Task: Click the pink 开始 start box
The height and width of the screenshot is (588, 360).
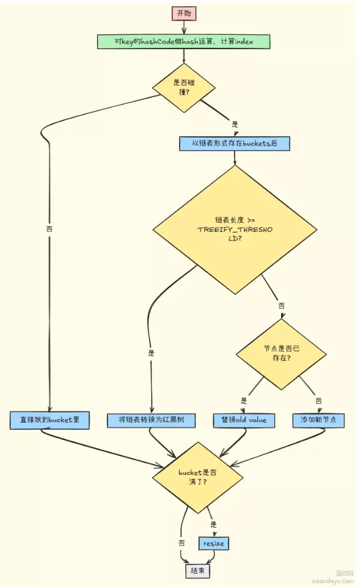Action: pyautogui.click(x=184, y=14)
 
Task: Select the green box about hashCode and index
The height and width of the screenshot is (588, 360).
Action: pyautogui.click(x=184, y=42)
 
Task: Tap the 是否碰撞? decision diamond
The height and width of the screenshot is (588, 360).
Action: pyautogui.click(x=184, y=88)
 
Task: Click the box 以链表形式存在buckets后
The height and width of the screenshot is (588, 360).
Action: pyautogui.click(x=234, y=143)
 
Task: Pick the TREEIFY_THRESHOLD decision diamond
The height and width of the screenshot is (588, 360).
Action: pyautogui.click(x=235, y=229)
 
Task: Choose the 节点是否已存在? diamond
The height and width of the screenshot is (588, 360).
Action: pyautogui.click(x=281, y=353)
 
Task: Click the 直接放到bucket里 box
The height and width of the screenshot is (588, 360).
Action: pyautogui.click(x=50, y=420)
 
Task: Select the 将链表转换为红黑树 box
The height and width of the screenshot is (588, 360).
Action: pyautogui.click(x=151, y=420)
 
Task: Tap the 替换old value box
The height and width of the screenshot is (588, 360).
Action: pyautogui.click(x=244, y=420)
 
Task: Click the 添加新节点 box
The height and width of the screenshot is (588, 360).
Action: pyautogui.click(x=318, y=420)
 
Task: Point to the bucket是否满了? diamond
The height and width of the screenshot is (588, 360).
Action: pyautogui.click(x=198, y=477)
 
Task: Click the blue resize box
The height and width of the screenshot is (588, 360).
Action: pyautogui.click(x=213, y=543)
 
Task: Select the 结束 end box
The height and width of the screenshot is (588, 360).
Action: pyautogui.click(x=197, y=571)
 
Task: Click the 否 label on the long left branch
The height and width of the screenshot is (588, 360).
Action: pyautogui.click(x=49, y=228)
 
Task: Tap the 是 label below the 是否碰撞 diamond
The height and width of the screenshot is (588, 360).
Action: pyautogui.click(x=235, y=124)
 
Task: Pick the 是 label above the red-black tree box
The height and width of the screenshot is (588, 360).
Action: pyautogui.click(x=151, y=353)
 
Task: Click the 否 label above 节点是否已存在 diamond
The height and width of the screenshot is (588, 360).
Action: pyautogui.click(x=281, y=306)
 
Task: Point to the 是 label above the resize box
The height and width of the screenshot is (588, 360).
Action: pyautogui.click(x=213, y=524)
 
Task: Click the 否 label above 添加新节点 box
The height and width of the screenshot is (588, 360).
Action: pyautogui.click(x=318, y=400)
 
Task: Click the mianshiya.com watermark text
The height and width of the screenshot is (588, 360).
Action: pyautogui.click(x=333, y=581)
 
